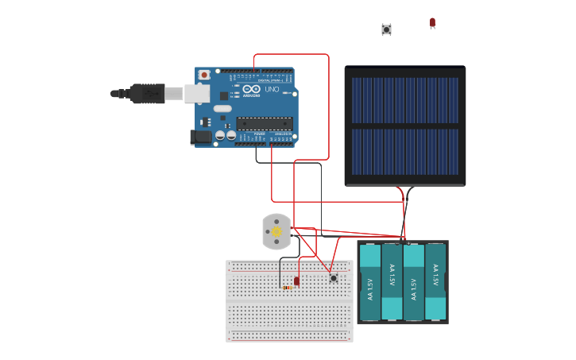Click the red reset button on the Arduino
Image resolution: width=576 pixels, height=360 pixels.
point(204,75)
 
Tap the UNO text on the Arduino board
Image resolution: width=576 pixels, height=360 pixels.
point(272,89)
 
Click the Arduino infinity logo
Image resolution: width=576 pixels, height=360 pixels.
point(251,89)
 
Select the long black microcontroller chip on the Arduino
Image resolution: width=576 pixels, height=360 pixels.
point(264,123)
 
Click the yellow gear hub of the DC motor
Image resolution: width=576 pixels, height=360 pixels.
point(276,231)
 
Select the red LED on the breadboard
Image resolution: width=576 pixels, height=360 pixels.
point(296,281)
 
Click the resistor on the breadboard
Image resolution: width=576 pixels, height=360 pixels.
point(287,288)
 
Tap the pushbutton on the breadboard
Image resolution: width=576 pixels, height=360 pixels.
point(333,278)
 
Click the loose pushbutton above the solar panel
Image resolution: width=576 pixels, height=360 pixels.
point(386,29)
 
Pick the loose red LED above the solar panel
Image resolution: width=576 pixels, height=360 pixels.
point(432,22)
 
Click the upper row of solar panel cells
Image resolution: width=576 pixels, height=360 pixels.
point(405,100)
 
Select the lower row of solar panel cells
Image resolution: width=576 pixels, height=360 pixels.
point(405,152)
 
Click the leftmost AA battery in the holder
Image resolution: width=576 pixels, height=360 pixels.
point(370,282)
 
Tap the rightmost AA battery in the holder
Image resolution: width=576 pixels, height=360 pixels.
point(435,282)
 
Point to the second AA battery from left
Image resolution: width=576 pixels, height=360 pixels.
point(392,282)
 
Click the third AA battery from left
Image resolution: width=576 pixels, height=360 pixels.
point(413,282)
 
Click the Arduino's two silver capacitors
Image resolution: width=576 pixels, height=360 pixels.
point(225,136)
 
